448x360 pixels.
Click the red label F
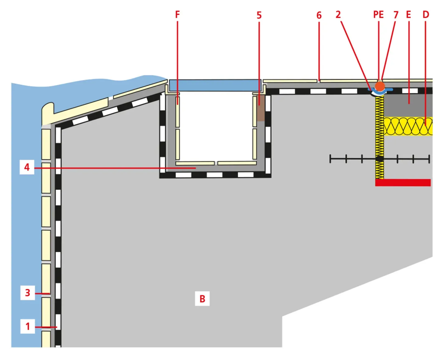[x=177, y=15]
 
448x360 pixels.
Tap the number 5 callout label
[x=259, y=15]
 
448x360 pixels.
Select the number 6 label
[x=319, y=15]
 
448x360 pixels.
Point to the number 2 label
[x=338, y=15]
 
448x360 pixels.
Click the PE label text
[x=378, y=15]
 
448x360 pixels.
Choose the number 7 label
[x=396, y=15]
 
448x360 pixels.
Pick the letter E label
[x=408, y=15]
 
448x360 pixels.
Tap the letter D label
[x=426, y=15]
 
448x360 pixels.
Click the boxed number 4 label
[x=27, y=167]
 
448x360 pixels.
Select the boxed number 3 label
[x=27, y=293]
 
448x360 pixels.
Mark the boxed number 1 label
[x=27, y=326]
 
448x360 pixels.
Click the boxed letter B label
[x=202, y=299]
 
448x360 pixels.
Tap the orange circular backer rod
[x=380, y=86]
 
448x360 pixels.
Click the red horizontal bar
[x=403, y=182]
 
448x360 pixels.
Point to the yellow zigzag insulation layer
[x=408, y=126]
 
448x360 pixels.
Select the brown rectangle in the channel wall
[x=261, y=108]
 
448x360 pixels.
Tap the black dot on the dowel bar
[x=380, y=159]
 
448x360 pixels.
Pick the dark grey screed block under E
[x=408, y=106]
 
